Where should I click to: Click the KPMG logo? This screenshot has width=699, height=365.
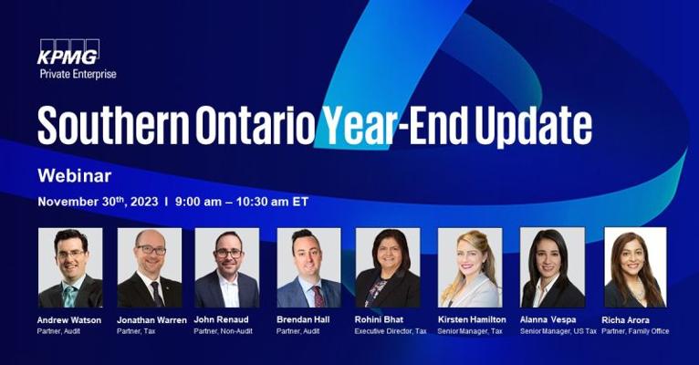coord(68,52)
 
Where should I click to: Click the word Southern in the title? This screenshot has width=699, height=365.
coord(113,125)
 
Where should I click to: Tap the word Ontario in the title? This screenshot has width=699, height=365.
coord(256,126)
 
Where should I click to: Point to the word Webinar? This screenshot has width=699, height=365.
coord(75,175)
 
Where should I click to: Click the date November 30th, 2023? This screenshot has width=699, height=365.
coord(98,202)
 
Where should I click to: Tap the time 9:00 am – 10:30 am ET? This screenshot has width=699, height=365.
coord(242,202)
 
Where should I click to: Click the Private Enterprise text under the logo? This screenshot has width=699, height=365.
coord(78,74)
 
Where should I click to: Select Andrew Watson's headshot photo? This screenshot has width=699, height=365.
coord(70,267)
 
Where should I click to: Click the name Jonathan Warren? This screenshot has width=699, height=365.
coord(151,320)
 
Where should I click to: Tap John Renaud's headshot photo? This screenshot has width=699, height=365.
coord(227,267)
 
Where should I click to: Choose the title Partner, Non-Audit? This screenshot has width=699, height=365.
coord(224,331)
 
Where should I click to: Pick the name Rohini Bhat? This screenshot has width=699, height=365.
coord(379,319)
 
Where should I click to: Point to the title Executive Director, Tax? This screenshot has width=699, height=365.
coord(391,331)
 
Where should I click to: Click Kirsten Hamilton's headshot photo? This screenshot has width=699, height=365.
coord(470,267)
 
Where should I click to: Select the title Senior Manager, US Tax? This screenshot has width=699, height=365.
coord(558,331)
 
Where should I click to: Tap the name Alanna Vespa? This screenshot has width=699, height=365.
coord(548,319)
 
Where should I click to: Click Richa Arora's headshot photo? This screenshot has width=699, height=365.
coord(635,267)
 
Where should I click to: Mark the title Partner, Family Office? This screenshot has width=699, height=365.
coord(635,331)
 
